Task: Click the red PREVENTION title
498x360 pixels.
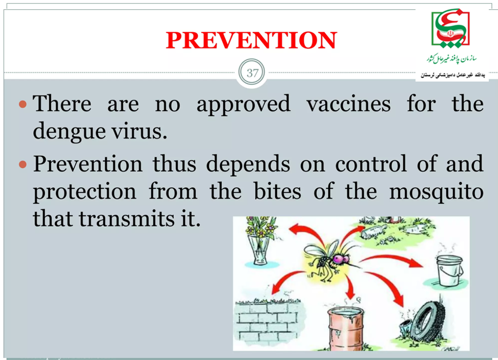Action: [251, 40]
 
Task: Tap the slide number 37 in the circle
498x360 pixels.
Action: [252, 73]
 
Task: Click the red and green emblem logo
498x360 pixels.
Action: [450, 29]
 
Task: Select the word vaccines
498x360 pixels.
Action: [348, 104]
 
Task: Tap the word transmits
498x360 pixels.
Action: [127, 218]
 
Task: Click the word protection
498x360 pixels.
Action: [85, 192]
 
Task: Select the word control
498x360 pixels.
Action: [371, 164]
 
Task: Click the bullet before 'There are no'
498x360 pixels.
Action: [23, 104]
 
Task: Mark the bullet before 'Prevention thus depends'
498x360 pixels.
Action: [23, 164]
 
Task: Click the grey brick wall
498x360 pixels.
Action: [268, 322]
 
